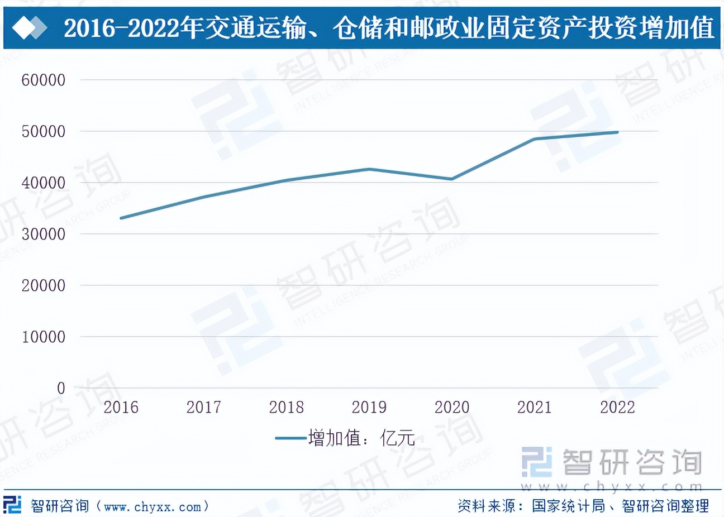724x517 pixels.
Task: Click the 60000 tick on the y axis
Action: coord(44,80)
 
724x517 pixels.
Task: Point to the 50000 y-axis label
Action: coord(44,131)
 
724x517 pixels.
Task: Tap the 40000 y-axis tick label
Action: coord(44,183)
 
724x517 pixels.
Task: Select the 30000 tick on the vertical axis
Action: coord(44,234)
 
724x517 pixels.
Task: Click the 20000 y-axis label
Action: coord(44,285)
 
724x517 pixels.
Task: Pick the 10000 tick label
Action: coord(44,337)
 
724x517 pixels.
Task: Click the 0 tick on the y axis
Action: coord(61,388)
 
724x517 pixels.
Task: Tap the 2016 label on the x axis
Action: coord(121,407)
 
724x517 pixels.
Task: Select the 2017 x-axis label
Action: coord(203,407)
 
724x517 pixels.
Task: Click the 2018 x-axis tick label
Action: coord(286,407)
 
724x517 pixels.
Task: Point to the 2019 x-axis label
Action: coord(369,407)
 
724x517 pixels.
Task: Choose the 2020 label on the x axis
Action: coord(452,407)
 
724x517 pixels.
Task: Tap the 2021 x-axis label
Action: coord(535,407)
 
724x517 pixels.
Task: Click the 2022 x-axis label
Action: coord(617,407)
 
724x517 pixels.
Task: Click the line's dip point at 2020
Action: coord(452,179)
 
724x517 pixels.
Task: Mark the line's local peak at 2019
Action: coord(369,169)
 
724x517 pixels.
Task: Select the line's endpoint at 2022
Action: coord(617,132)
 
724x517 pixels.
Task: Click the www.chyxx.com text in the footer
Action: coord(153,506)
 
